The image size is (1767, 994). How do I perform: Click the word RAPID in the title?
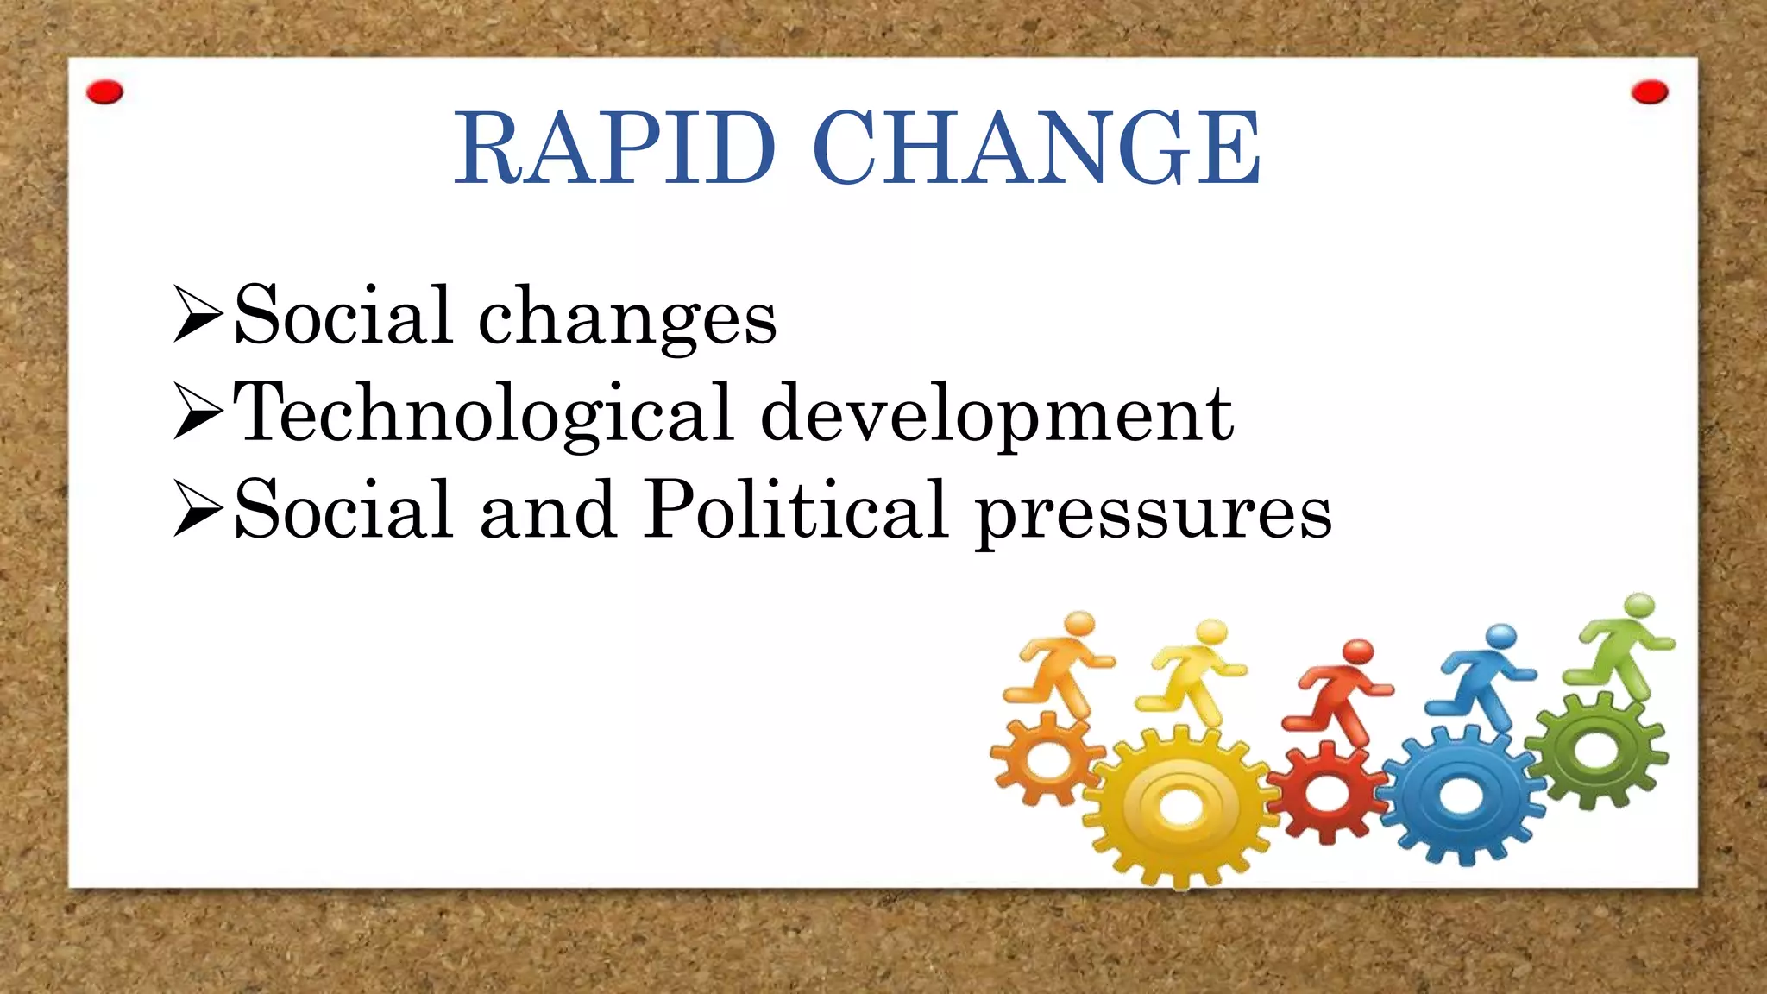614,148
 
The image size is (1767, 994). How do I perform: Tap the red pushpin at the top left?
105,92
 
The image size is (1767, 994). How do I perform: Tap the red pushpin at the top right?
1650,92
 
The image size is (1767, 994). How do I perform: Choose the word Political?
796,511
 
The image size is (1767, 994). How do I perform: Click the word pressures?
1154,514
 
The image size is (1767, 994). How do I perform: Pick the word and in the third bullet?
548,511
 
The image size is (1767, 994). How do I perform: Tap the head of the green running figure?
1638,605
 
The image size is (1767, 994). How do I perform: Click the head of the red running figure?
1359,650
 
